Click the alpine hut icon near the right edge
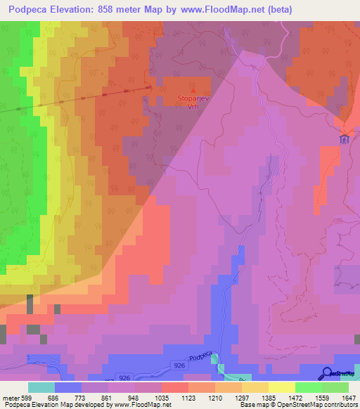(x=344, y=138)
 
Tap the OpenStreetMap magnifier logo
(x=327, y=373)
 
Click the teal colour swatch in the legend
(x=41, y=387)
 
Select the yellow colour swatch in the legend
(x=281, y=387)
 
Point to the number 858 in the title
(x=110, y=9)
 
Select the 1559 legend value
(x=313, y=397)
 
